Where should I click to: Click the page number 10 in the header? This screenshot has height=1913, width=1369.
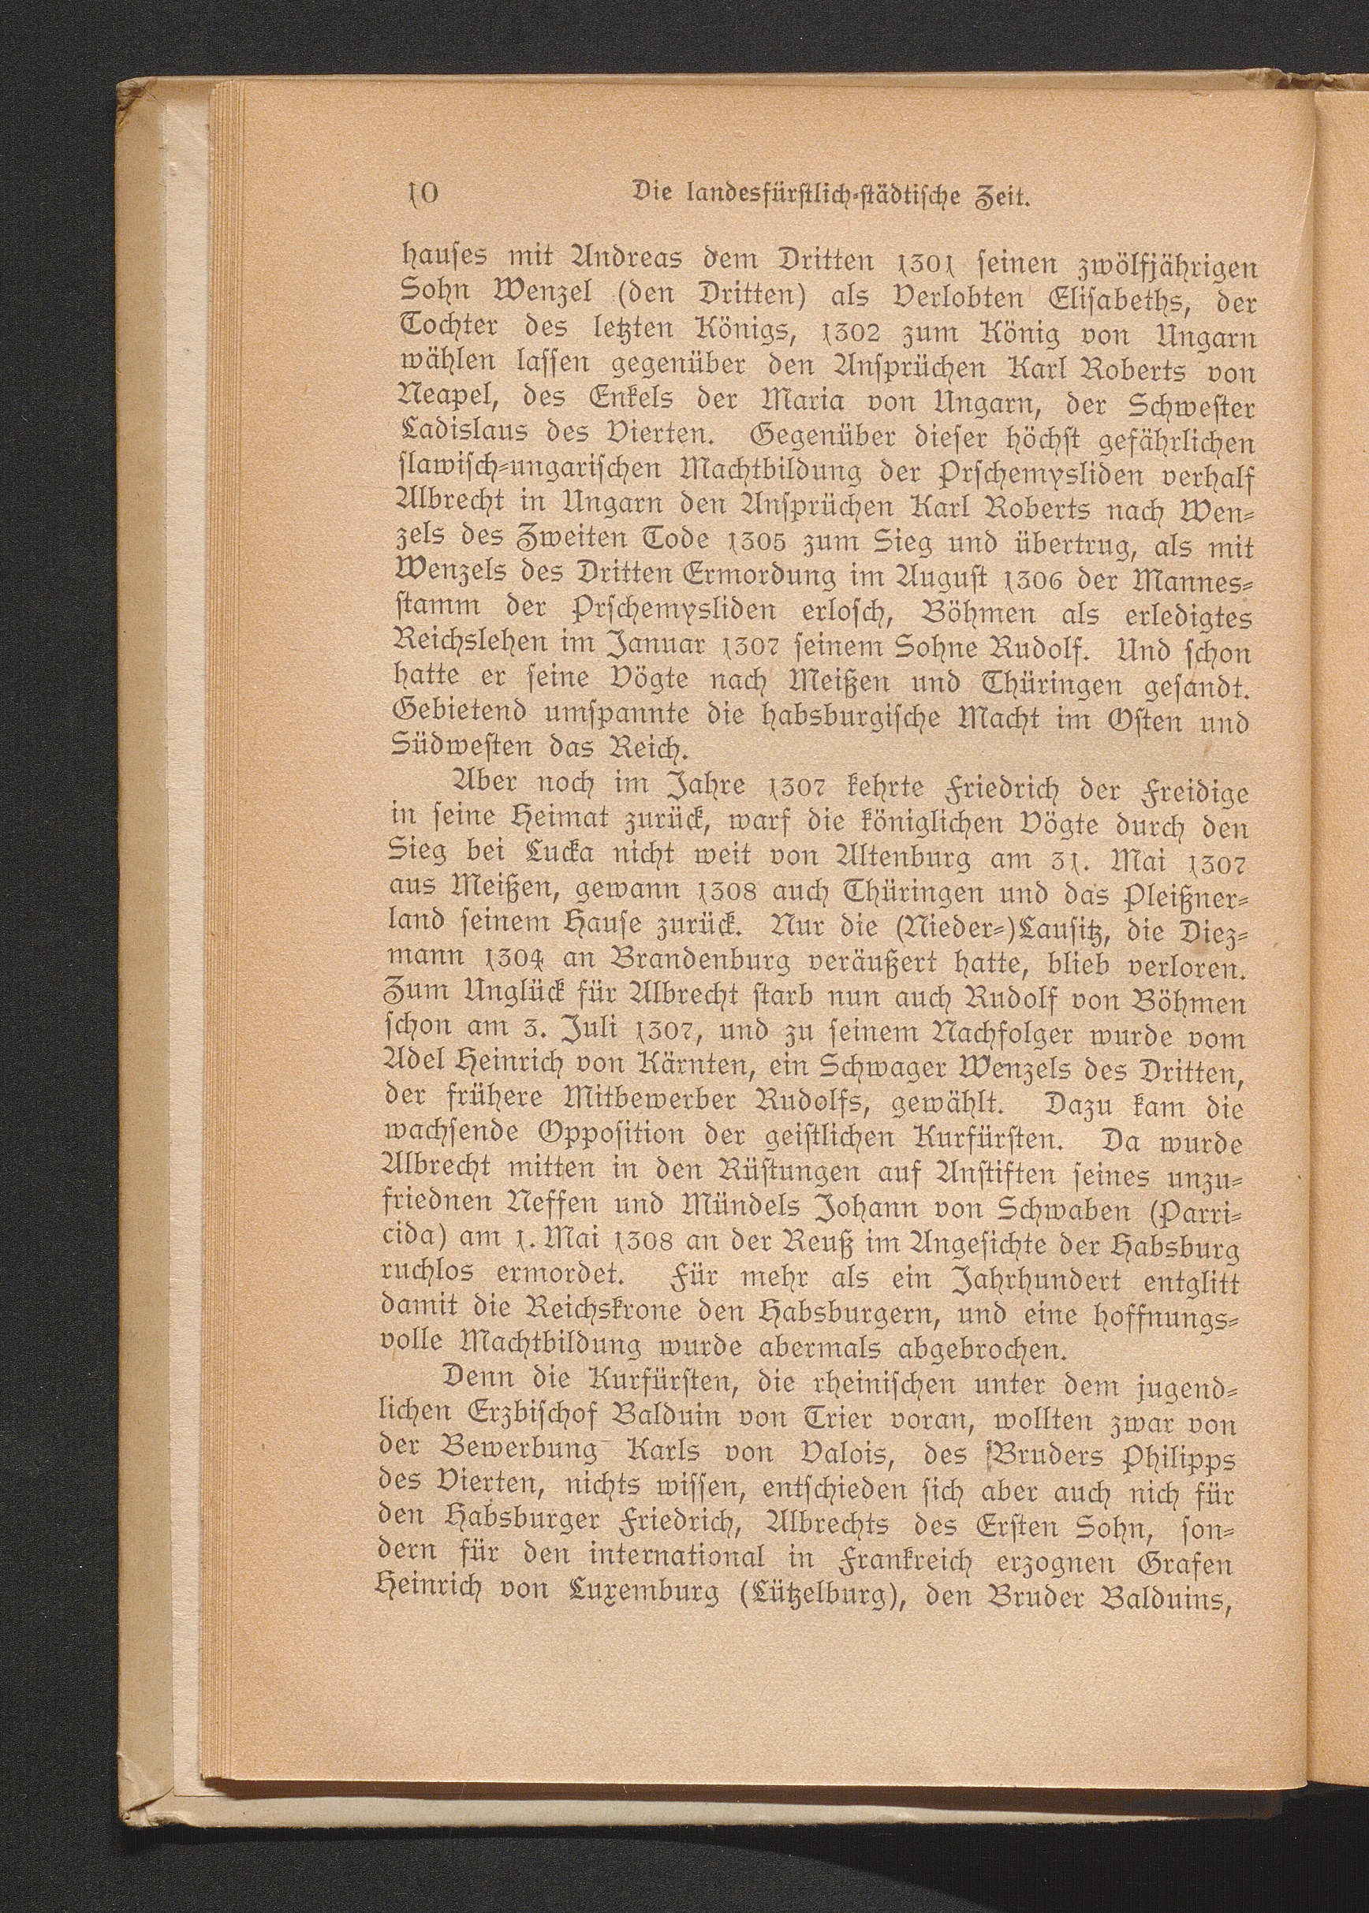(x=418, y=200)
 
